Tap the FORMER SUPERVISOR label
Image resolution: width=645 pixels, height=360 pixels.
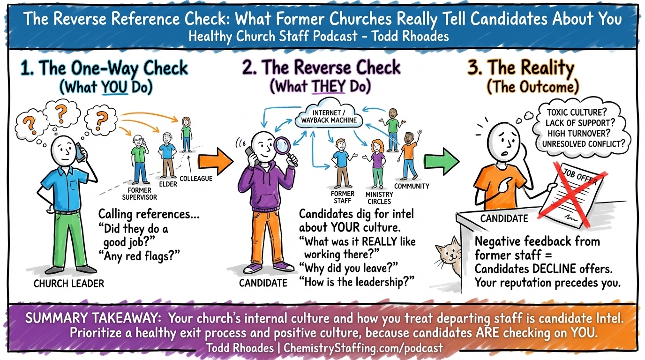pos(139,194)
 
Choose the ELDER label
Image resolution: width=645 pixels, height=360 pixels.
pos(168,184)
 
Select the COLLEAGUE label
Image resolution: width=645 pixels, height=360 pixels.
pos(196,178)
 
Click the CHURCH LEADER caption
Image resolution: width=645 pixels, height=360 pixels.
pos(68,283)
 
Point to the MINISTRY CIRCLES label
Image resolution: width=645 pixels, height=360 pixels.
pos(379,198)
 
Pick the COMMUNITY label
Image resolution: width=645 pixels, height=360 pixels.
pos(412,186)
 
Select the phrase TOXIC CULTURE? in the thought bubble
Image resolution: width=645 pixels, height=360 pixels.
pos(580,112)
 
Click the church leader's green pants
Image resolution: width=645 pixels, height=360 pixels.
pos(68,239)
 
